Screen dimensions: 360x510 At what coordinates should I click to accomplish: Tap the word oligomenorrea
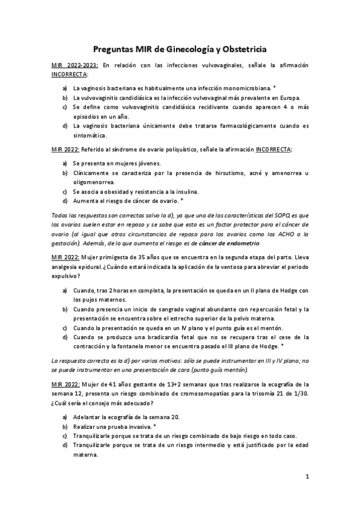pyautogui.click(x=94, y=182)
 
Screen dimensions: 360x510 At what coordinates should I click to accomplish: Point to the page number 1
pyautogui.click(x=307, y=477)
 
